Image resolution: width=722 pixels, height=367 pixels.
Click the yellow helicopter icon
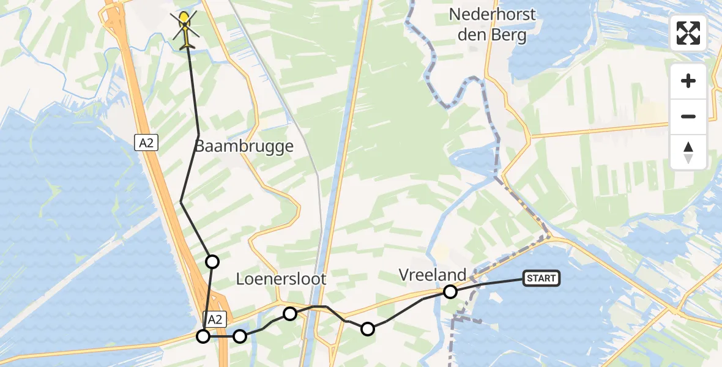[185, 28]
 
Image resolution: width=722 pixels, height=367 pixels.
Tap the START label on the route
[541, 279]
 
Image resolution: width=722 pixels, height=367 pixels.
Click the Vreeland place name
[432, 275]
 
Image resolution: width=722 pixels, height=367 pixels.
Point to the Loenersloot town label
[281, 280]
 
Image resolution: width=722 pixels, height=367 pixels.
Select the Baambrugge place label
[244, 147]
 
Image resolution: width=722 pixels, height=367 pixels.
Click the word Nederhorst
[492, 14]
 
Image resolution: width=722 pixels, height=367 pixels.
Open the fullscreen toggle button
[688, 33]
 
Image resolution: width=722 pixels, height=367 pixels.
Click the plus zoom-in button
[688, 81]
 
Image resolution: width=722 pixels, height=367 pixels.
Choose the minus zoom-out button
[688, 116]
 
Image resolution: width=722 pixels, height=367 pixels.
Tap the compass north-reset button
[688, 152]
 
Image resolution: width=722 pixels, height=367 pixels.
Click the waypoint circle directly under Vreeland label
[450, 292]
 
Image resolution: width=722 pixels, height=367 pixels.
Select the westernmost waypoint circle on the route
[203, 336]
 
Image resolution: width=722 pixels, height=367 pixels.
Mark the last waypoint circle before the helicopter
[212, 262]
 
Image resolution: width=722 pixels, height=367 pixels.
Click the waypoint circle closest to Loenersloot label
[290, 314]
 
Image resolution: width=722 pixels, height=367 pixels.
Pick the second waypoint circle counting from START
[367, 329]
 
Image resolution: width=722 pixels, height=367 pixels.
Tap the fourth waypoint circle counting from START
[240, 336]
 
